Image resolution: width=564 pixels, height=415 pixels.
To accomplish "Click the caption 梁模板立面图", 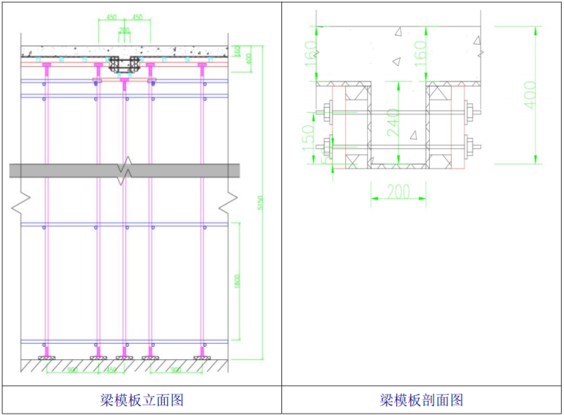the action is pos(141,400).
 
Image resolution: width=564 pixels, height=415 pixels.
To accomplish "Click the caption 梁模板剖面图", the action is pos(422,400).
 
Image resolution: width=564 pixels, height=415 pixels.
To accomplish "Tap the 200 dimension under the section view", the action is pos(399,192).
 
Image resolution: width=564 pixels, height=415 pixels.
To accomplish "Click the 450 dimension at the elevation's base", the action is pos(111,369).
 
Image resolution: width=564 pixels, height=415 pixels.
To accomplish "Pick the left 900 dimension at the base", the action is pos(72,369).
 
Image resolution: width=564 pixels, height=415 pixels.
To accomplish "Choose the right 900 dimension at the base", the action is pos(176,369).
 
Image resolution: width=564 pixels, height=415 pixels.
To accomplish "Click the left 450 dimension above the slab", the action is pos(111,16).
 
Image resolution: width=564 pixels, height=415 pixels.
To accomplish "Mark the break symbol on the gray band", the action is pos(124,170).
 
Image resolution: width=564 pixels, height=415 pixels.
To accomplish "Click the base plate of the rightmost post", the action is pos(202,359).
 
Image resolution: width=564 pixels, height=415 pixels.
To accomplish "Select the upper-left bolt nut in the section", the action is pos(327,114).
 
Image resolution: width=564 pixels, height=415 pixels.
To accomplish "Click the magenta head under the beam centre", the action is pos(124,79).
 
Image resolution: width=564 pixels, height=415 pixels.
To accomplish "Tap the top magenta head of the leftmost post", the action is pos(46,67).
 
